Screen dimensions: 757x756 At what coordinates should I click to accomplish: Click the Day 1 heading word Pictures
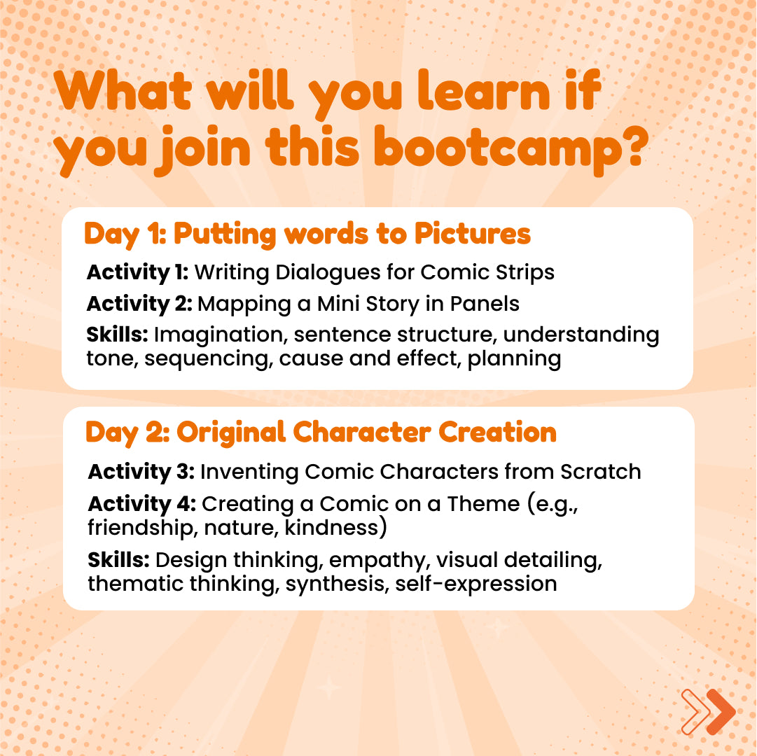(x=473, y=234)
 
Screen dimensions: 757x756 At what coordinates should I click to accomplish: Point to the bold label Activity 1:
(x=137, y=272)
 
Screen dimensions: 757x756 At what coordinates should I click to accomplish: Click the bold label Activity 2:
(x=139, y=304)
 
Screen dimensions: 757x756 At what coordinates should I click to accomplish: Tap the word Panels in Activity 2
(x=484, y=304)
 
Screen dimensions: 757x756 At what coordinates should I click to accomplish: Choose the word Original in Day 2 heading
(x=231, y=433)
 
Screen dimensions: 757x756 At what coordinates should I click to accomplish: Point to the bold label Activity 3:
(x=141, y=472)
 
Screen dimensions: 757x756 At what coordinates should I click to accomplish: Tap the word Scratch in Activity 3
(x=601, y=472)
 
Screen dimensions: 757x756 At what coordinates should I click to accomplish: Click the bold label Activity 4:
(x=142, y=504)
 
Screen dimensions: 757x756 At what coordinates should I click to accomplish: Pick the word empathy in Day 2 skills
(x=380, y=561)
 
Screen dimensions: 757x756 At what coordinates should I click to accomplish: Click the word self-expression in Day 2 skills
(x=476, y=584)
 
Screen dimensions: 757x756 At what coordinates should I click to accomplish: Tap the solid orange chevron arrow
(x=721, y=712)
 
